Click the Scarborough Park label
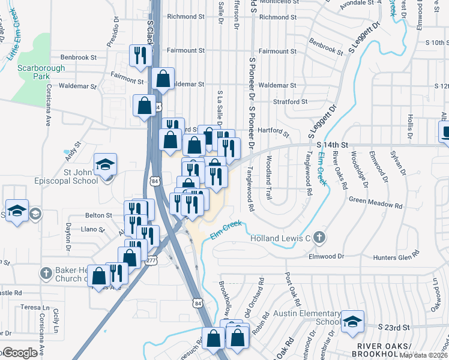(41, 73)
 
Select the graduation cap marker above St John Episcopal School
(105, 164)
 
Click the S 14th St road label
(333, 145)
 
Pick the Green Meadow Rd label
(375, 203)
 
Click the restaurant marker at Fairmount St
(139, 55)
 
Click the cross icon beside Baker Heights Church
(46, 274)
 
